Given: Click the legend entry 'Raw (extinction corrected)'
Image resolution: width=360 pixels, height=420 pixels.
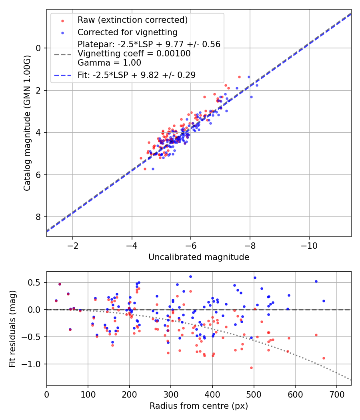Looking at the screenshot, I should tap(132, 20).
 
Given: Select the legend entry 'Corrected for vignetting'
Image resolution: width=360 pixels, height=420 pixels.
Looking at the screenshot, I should tap(128, 32).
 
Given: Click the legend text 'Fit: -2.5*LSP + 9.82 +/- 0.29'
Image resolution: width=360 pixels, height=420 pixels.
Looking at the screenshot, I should tap(136, 75).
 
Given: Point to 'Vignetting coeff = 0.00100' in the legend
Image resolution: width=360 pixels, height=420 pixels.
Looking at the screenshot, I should tap(134, 54).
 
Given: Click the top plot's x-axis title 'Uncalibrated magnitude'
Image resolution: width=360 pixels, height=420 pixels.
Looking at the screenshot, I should tap(199, 257).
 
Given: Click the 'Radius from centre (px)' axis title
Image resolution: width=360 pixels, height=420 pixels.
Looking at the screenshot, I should tap(199, 406).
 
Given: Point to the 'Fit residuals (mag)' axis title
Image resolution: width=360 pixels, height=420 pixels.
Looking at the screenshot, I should tap(12, 328).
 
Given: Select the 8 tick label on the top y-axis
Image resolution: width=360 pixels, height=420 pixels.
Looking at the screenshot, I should tap(38, 217).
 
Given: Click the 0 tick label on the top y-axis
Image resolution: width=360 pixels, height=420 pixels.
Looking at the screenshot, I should tap(38, 48).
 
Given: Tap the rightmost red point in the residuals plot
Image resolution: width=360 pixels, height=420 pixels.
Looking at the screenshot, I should tap(324, 358).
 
